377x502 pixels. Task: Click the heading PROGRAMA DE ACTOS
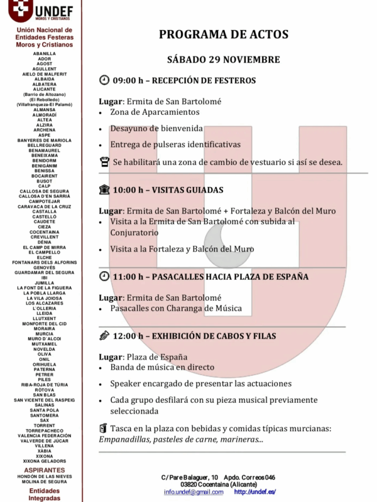pyautogui.click(x=223, y=35)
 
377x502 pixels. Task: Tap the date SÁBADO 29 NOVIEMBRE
pyautogui.click(x=223, y=60)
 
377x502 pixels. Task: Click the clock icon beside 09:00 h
pyautogui.click(x=104, y=80)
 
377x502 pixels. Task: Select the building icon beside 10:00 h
pyautogui.click(x=104, y=190)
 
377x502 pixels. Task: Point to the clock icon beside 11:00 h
pyautogui.click(x=104, y=276)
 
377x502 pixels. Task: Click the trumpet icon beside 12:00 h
pyautogui.click(x=104, y=336)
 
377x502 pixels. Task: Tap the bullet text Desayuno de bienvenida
pyautogui.click(x=156, y=128)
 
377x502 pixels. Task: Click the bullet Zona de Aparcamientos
pyautogui.click(x=155, y=112)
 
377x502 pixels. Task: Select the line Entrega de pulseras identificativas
pyautogui.click(x=175, y=144)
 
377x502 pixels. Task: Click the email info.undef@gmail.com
pyautogui.click(x=194, y=492)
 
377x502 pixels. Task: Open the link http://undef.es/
pyautogui.click(x=254, y=492)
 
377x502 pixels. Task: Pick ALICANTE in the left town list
pyautogui.click(x=44, y=89)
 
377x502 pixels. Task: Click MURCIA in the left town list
pyautogui.click(x=44, y=333)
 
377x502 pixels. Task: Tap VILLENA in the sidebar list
pyautogui.click(x=44, y=446)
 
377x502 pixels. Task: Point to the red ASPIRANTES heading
pyautogui.click(x=44, y=470)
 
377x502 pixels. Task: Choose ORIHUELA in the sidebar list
pyautogui.click(x=44, y=364)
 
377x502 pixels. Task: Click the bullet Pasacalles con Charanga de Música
pyautogui.click(x=176, y=308)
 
